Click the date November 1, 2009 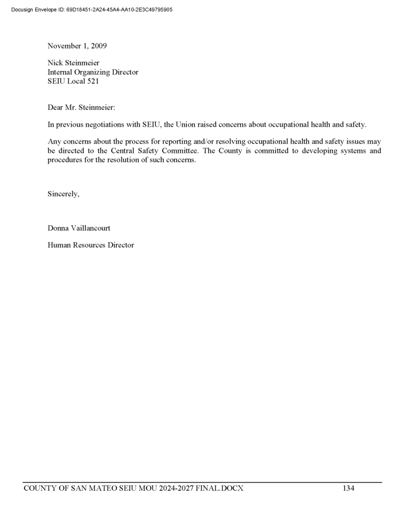click(77, 46)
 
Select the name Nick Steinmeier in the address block click(73, 63)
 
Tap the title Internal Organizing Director click(93, 72)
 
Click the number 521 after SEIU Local click(92, 81)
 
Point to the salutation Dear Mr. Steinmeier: click(81, 107)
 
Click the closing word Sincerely click(63, 194)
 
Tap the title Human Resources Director click(91, 245)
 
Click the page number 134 click(348, 488)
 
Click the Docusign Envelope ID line click(91, 9)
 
